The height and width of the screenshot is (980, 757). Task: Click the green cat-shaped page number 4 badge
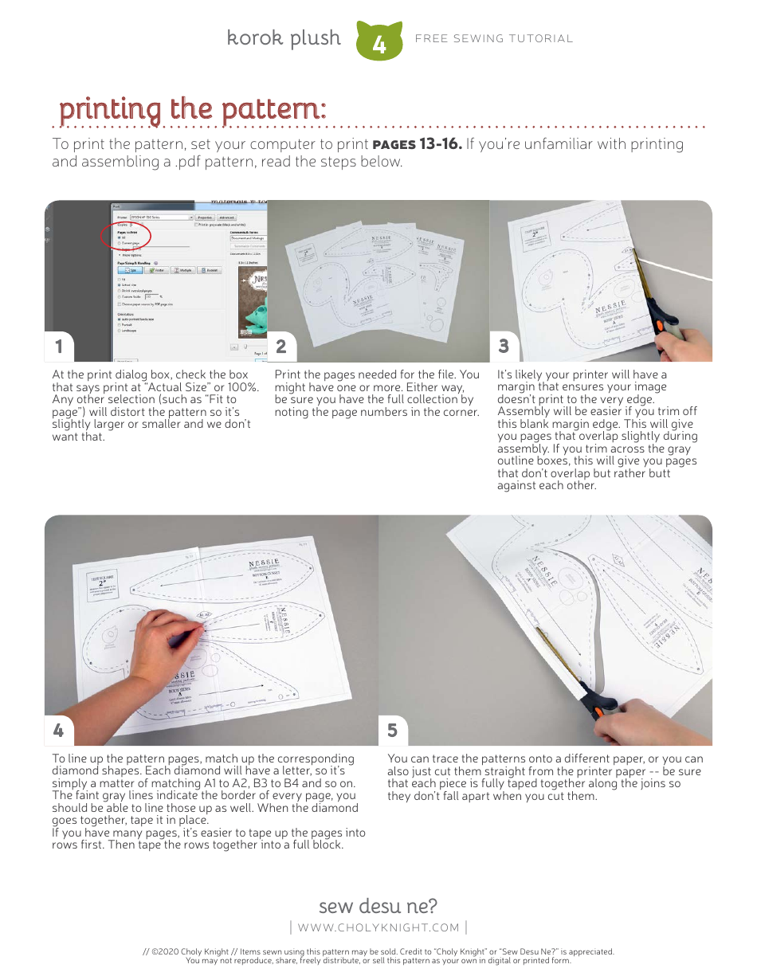click(378, 42)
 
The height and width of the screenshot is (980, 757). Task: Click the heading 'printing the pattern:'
click(192, 109)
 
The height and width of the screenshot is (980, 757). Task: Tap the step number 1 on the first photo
click(58, 346)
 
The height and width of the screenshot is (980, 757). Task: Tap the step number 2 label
click(280, 346)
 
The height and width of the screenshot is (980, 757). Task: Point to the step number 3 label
click(504, 346)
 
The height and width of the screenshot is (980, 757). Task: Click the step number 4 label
click(58, 730)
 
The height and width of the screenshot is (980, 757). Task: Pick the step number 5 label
click(392, 730)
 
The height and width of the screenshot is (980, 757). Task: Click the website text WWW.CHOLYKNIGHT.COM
click(378, 927)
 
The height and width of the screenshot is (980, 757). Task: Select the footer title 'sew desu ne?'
click(378, 906)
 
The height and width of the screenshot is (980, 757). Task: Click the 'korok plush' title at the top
click(284, 38)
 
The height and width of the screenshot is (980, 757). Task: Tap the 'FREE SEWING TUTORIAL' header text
click(494, 39)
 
